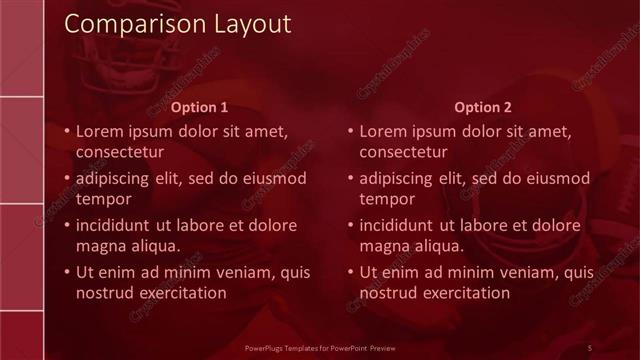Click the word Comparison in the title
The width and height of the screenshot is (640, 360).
tap(125, 23)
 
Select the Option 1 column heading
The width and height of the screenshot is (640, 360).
tap(200, 107)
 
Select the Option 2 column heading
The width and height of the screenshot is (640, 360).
tap(483, 107)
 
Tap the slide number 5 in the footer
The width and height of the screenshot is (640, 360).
tap(589, 347)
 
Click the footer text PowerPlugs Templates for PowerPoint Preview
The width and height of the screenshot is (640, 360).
tap(327, 347)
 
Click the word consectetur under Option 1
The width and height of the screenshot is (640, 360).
tap(120, 152)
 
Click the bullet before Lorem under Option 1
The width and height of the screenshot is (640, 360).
tap(66, 132)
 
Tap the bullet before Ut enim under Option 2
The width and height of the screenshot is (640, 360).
tap(349, 272)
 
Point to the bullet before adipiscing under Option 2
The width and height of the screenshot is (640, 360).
tap(349, 179)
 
